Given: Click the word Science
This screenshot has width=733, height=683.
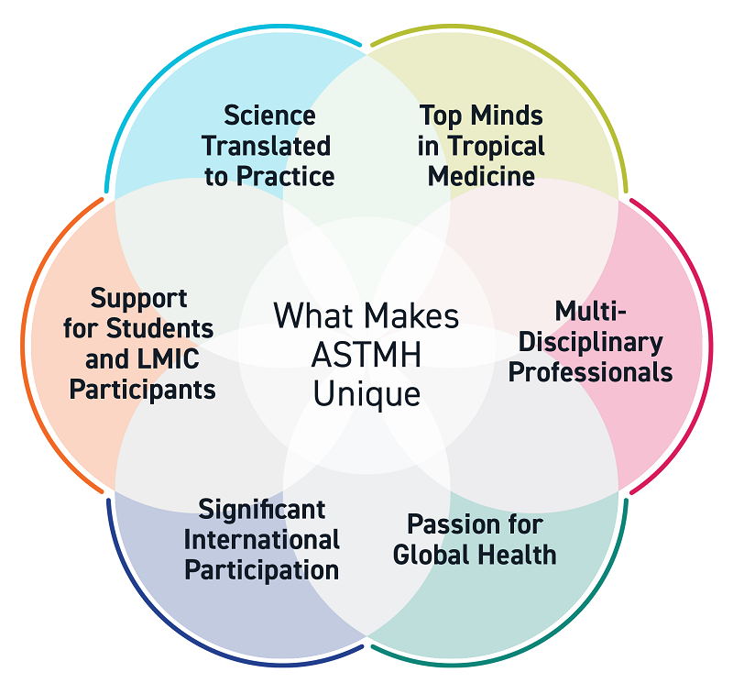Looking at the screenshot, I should pos(269,116).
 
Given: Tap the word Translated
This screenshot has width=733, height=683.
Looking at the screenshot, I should pos(267,145).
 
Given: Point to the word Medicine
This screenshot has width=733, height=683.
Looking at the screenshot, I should pos(481,174).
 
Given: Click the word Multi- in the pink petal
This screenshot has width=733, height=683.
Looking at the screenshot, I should pos(591,312).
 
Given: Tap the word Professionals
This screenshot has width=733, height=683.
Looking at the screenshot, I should pos(591,372).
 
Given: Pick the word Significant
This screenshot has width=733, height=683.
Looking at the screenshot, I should pos(262,508).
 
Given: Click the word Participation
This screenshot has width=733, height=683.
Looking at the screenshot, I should pos(262,568).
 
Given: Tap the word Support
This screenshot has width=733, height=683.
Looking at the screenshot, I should pos(138,298).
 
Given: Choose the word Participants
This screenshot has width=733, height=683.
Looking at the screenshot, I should pos(143,388).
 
